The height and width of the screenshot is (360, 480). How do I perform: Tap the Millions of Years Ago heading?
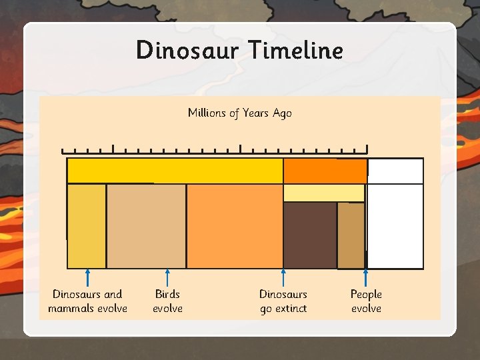point(239,113)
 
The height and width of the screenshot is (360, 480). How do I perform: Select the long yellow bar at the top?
point(175,171)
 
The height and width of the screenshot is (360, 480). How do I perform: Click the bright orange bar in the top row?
point(325,171)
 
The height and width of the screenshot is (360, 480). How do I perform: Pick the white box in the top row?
point(395,171)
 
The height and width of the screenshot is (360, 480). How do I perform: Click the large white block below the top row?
point(395,226)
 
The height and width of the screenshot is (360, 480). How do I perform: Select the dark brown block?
point(310,235)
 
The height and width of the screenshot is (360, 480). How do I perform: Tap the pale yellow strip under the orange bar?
point(324,193)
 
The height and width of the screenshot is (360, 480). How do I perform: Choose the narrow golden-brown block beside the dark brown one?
point(351,235)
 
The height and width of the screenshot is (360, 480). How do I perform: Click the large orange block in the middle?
point(235,226)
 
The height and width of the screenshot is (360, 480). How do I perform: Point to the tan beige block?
point(146,226)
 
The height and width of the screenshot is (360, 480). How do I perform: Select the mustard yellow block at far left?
point(87,226)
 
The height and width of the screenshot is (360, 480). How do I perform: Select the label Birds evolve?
point(167,301)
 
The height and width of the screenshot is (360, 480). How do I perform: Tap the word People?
point(366,294)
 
